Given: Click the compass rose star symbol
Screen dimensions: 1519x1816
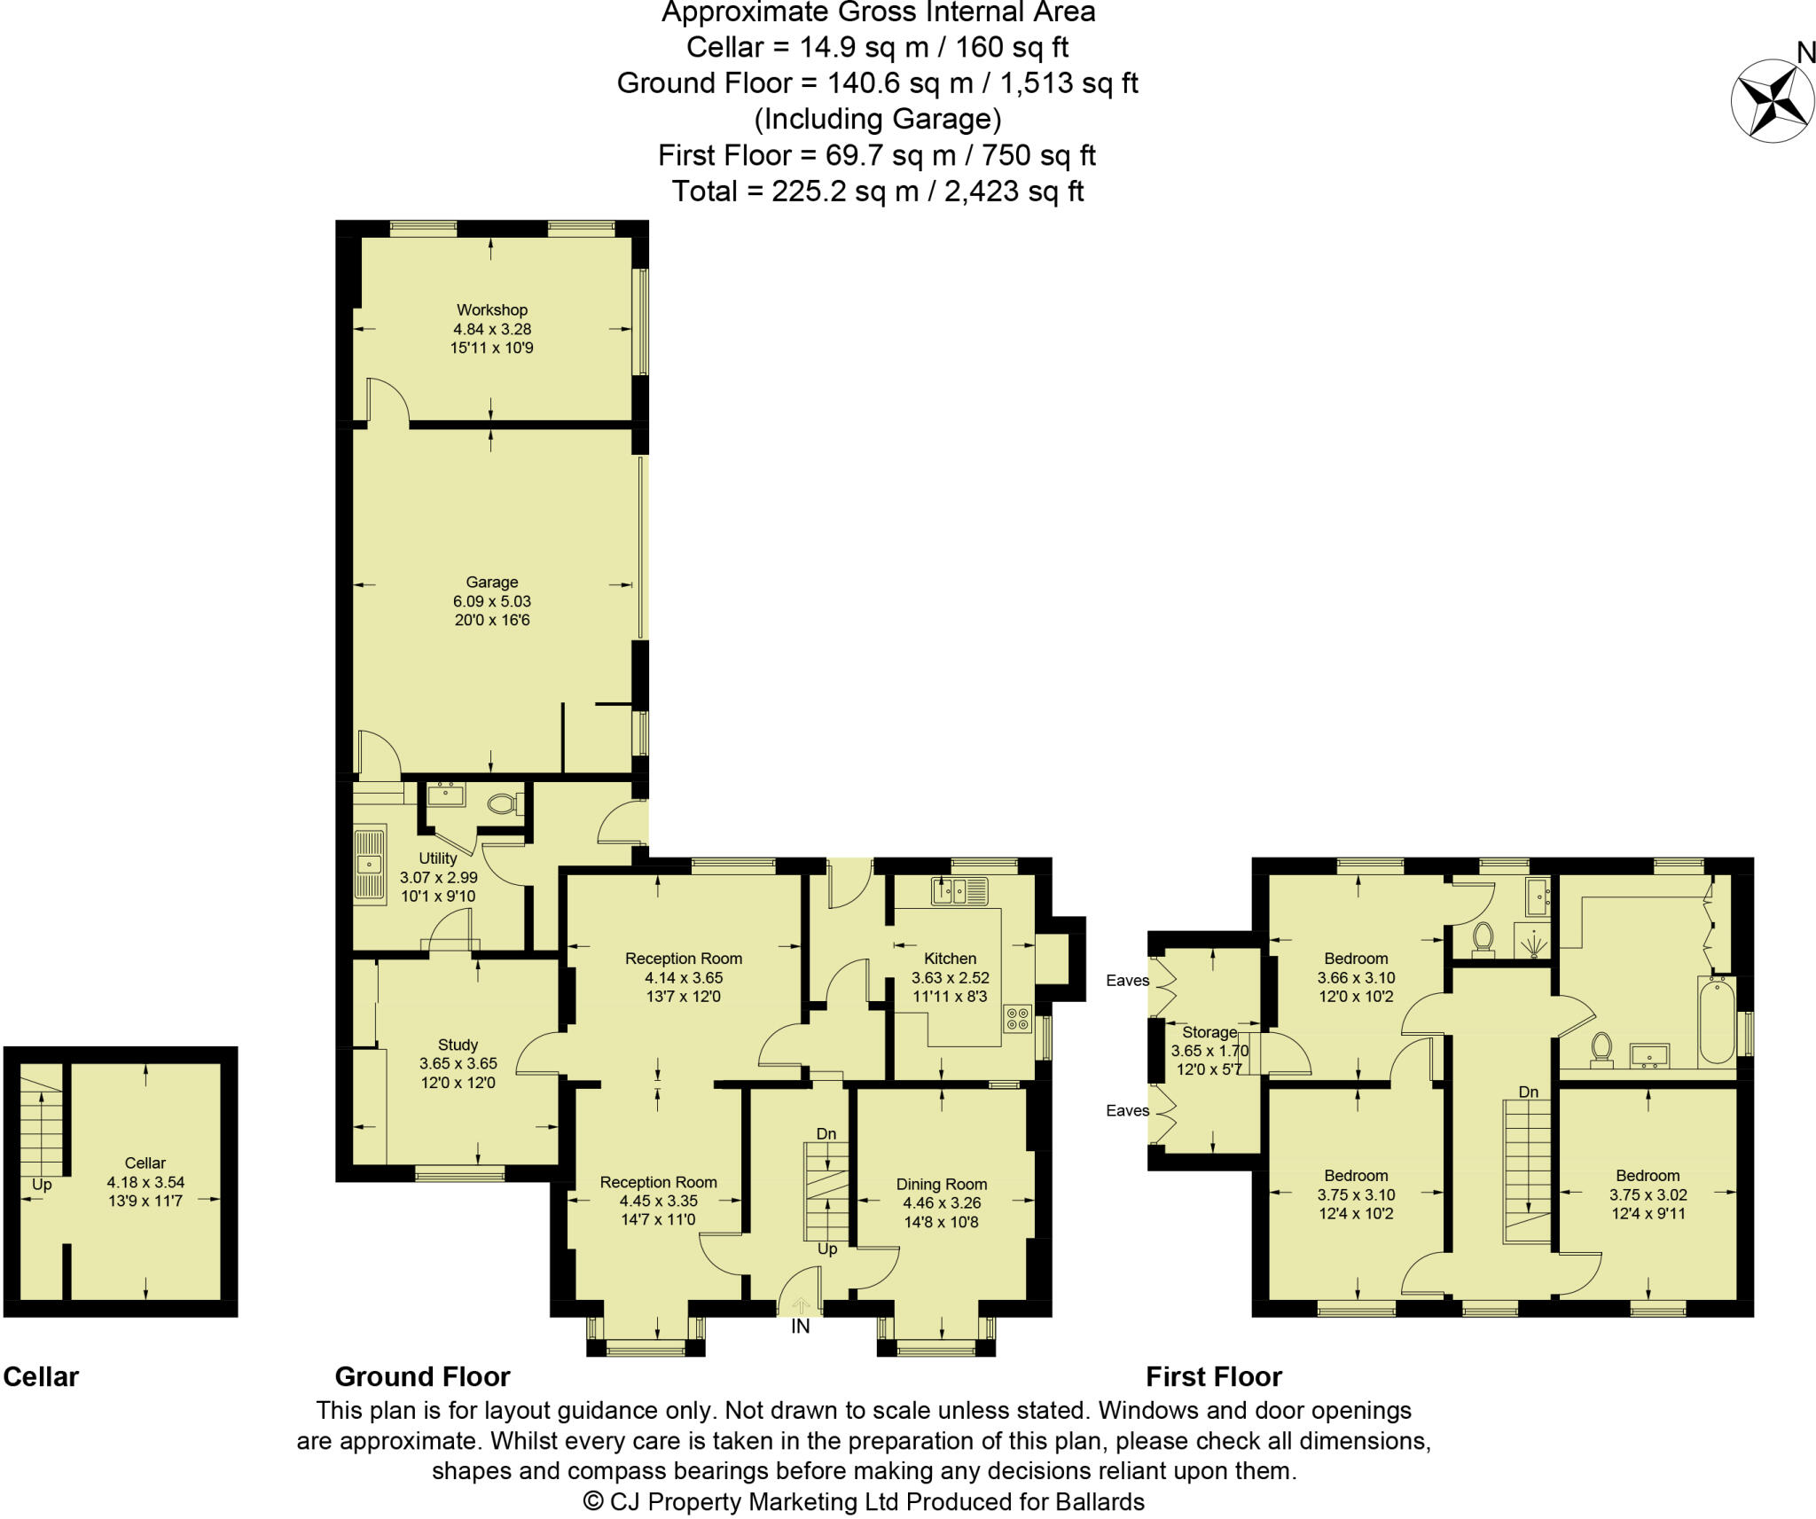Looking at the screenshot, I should coord(1771,101).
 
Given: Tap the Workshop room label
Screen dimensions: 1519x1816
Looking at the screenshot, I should coord(491,309).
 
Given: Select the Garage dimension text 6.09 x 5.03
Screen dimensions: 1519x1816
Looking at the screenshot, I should coord(491,600).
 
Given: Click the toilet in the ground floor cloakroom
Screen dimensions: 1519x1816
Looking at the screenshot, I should coord(504,803).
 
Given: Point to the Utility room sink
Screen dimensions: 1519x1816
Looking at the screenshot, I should coord(369,863).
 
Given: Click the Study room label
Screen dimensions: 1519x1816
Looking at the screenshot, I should coord(458,1045).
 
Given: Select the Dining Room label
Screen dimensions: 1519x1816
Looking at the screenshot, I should coord(941,1184).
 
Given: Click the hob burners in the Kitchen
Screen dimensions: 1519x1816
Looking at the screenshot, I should coord(1018,1018).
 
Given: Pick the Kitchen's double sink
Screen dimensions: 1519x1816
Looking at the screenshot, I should coord(959,889).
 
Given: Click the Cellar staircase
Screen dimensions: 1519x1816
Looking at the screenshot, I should coord(41,1123).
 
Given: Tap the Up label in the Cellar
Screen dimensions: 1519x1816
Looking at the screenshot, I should coord(42,1185).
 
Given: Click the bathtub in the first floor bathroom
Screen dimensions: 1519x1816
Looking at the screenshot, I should coord(1716,1021).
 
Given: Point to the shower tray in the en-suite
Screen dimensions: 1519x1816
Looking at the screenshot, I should coord(1532,941).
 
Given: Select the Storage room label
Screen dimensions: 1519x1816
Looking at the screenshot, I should coord(1209,1032).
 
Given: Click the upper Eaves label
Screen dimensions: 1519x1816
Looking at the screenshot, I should coord(1127,980).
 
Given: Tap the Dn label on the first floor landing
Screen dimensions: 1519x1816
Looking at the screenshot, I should coord(1528,1092).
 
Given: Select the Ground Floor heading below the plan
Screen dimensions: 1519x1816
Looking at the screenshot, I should coord(422,1376).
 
